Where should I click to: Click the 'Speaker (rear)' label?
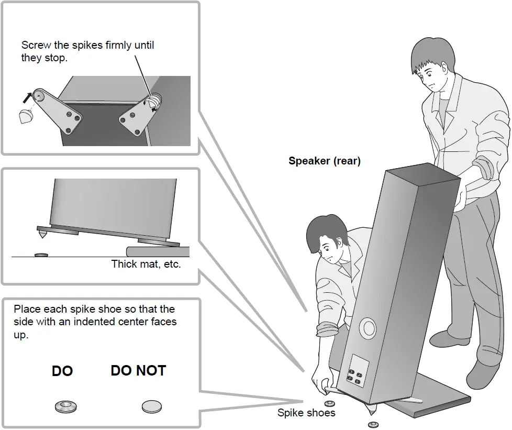point(324,161)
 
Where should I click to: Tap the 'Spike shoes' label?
point(306,413)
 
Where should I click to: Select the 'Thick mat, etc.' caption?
point(146,264)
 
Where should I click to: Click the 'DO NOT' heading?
point(138,371)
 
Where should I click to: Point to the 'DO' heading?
point(62,371)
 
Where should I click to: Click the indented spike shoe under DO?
point(65,406)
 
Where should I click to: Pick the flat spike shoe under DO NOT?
point(152,406)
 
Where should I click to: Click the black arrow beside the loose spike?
point(27,96)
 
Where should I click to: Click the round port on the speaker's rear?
point(368,328)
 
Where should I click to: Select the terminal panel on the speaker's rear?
point(357,372)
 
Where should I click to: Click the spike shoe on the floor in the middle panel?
point(40,255)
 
